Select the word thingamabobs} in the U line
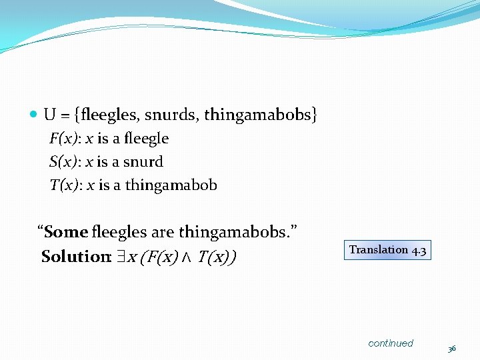coord(261,115)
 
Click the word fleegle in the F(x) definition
coord(146,139)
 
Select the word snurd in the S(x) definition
coord(143,162)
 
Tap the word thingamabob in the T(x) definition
coord(171,185)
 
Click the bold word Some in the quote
coord(66,232)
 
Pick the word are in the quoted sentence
coord(162,232)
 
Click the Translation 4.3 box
coord(387,250)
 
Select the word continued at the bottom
coord(391,343)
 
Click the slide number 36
coord(451,349)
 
